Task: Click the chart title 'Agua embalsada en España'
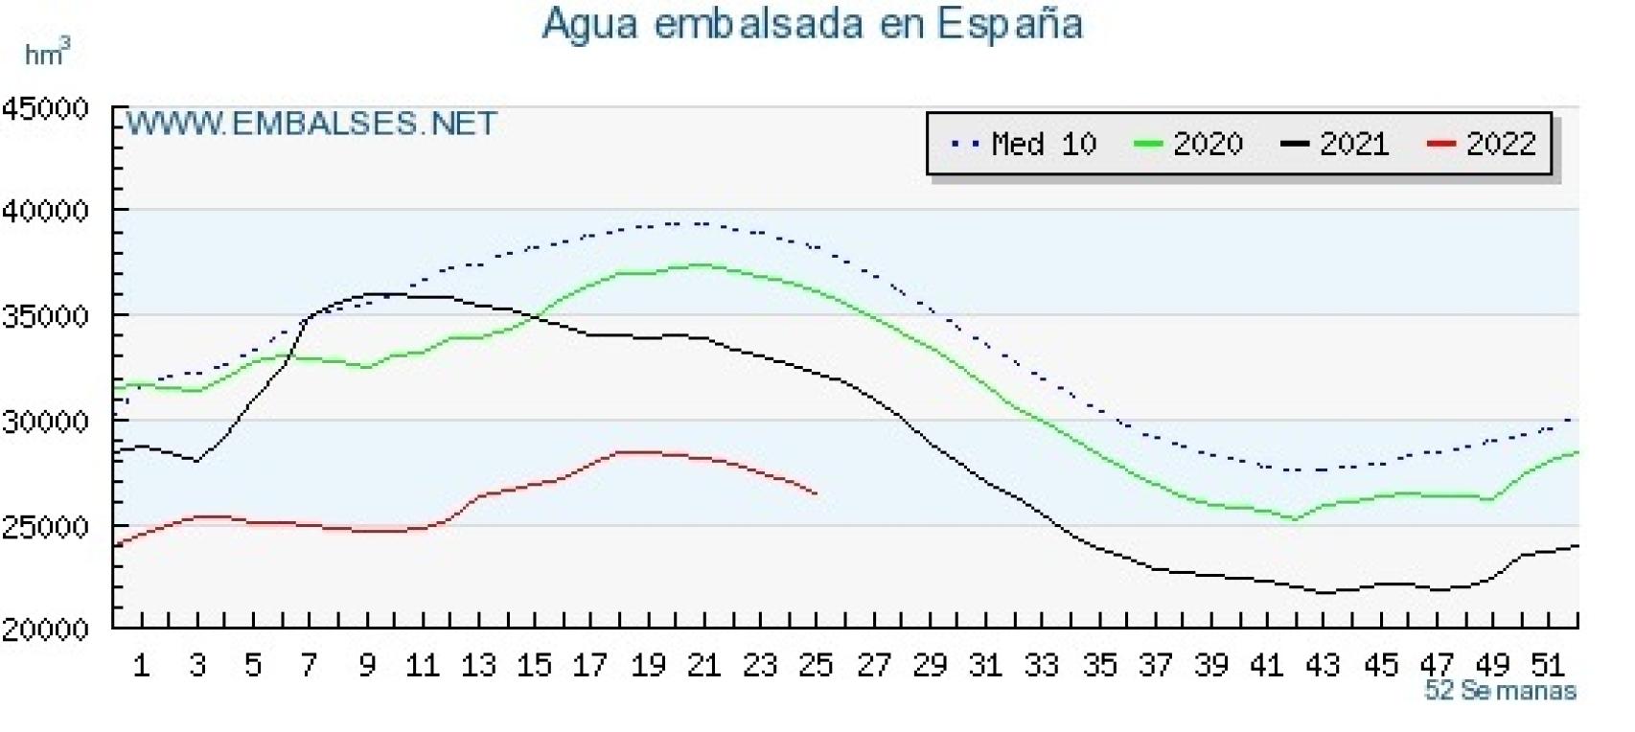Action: pos(812,24)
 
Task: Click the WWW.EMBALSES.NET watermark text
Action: pos(311,124)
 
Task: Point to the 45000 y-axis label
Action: pos(45,107)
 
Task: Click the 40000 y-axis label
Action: pos(45,211)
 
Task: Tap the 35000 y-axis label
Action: pos(45,316)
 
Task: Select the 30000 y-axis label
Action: pos(45,422)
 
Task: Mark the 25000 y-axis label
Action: pos(45,526)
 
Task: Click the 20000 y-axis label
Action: pos(45,629)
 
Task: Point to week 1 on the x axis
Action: pos(141,664)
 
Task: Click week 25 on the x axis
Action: pos(817,664)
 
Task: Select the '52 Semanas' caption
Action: pos(1500,690)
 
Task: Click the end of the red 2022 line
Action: pos(816,494)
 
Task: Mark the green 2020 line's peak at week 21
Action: pos(703,264)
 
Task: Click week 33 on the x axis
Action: pos(1042,664)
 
